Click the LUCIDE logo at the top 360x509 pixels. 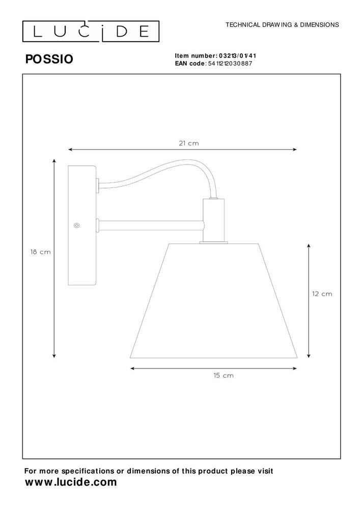91,32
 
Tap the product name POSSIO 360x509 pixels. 49,59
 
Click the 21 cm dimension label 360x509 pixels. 189,144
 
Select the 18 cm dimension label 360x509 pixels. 40,252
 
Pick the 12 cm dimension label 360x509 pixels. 322,294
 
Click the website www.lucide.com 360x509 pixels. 71,482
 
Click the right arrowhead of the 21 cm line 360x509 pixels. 295,149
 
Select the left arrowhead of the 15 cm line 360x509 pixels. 133,368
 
